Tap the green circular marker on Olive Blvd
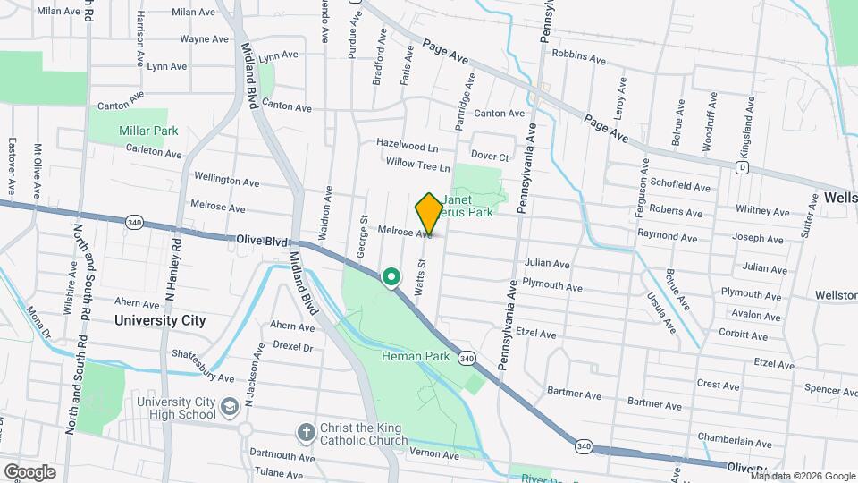391,278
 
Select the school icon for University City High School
230,408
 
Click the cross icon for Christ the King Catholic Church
306,432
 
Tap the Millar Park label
148,131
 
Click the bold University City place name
160,320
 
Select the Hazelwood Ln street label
408,145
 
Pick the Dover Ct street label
490,157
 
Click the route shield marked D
742,167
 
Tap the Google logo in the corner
29,471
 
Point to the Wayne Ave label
204,39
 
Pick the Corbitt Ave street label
743,332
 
